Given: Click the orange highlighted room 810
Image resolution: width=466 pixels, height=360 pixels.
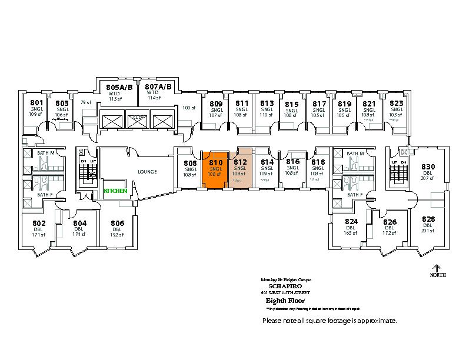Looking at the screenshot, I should [215, 168].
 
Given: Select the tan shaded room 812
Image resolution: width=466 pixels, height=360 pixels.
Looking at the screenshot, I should [240, 168].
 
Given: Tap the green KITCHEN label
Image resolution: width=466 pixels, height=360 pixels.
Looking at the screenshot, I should [115, 191].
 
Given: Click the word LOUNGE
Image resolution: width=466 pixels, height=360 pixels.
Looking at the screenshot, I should [147, 172].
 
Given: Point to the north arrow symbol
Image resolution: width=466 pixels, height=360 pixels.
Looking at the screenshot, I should [437, 269].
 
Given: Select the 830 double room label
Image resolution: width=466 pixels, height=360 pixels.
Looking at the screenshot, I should [428, 166].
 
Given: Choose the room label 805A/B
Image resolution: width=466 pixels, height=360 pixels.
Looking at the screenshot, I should [115, 87].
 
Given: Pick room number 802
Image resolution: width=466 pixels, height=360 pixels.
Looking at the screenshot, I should [39, 223].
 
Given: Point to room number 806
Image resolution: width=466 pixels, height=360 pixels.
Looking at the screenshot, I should [117, 223].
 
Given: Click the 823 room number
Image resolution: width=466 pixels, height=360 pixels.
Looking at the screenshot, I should [397, 104].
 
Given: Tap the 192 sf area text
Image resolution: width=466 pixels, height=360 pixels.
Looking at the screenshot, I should [117, 235].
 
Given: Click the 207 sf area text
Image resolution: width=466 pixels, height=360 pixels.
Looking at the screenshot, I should [427, 178].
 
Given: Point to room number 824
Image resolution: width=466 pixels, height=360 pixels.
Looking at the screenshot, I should [351, 221].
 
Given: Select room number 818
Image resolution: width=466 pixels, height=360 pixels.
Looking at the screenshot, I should [318, 162].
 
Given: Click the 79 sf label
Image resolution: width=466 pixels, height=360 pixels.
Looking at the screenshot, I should [86, 102].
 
